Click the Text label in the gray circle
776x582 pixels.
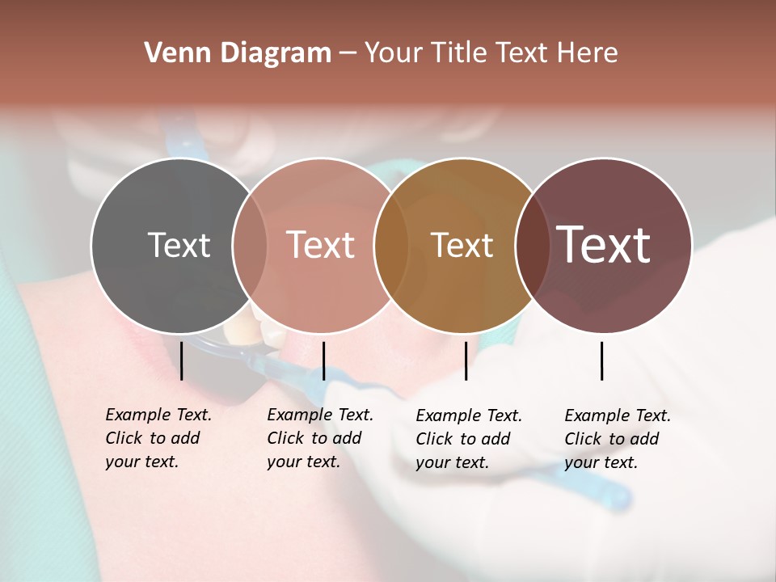click(x=179, y=245)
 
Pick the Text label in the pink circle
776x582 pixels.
click(x=321, y=245)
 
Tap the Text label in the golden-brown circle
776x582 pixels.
click(x=462, y=245)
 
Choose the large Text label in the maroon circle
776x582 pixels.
click(x=604, y=245)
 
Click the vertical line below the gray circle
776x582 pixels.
click(x=182, y=361)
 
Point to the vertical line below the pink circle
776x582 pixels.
click(x=323, y=361)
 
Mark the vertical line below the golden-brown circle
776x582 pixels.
click(x=466, y=361)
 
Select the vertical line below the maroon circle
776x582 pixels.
click(x=602, y=361)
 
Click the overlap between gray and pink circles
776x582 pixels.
click(x=250, y=245)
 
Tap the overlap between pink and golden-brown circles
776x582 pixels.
click(x=390, y=245)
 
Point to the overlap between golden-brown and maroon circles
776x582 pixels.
click(x=531, y=245)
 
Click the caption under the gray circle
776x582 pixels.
click(x=158, y=438)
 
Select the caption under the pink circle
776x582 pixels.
click(x=320, y=438)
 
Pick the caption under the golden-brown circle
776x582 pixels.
click(x=469, y=439)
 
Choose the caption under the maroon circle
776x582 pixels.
click(x=618, y=439)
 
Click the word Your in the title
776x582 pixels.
click(x=394, y=53)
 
